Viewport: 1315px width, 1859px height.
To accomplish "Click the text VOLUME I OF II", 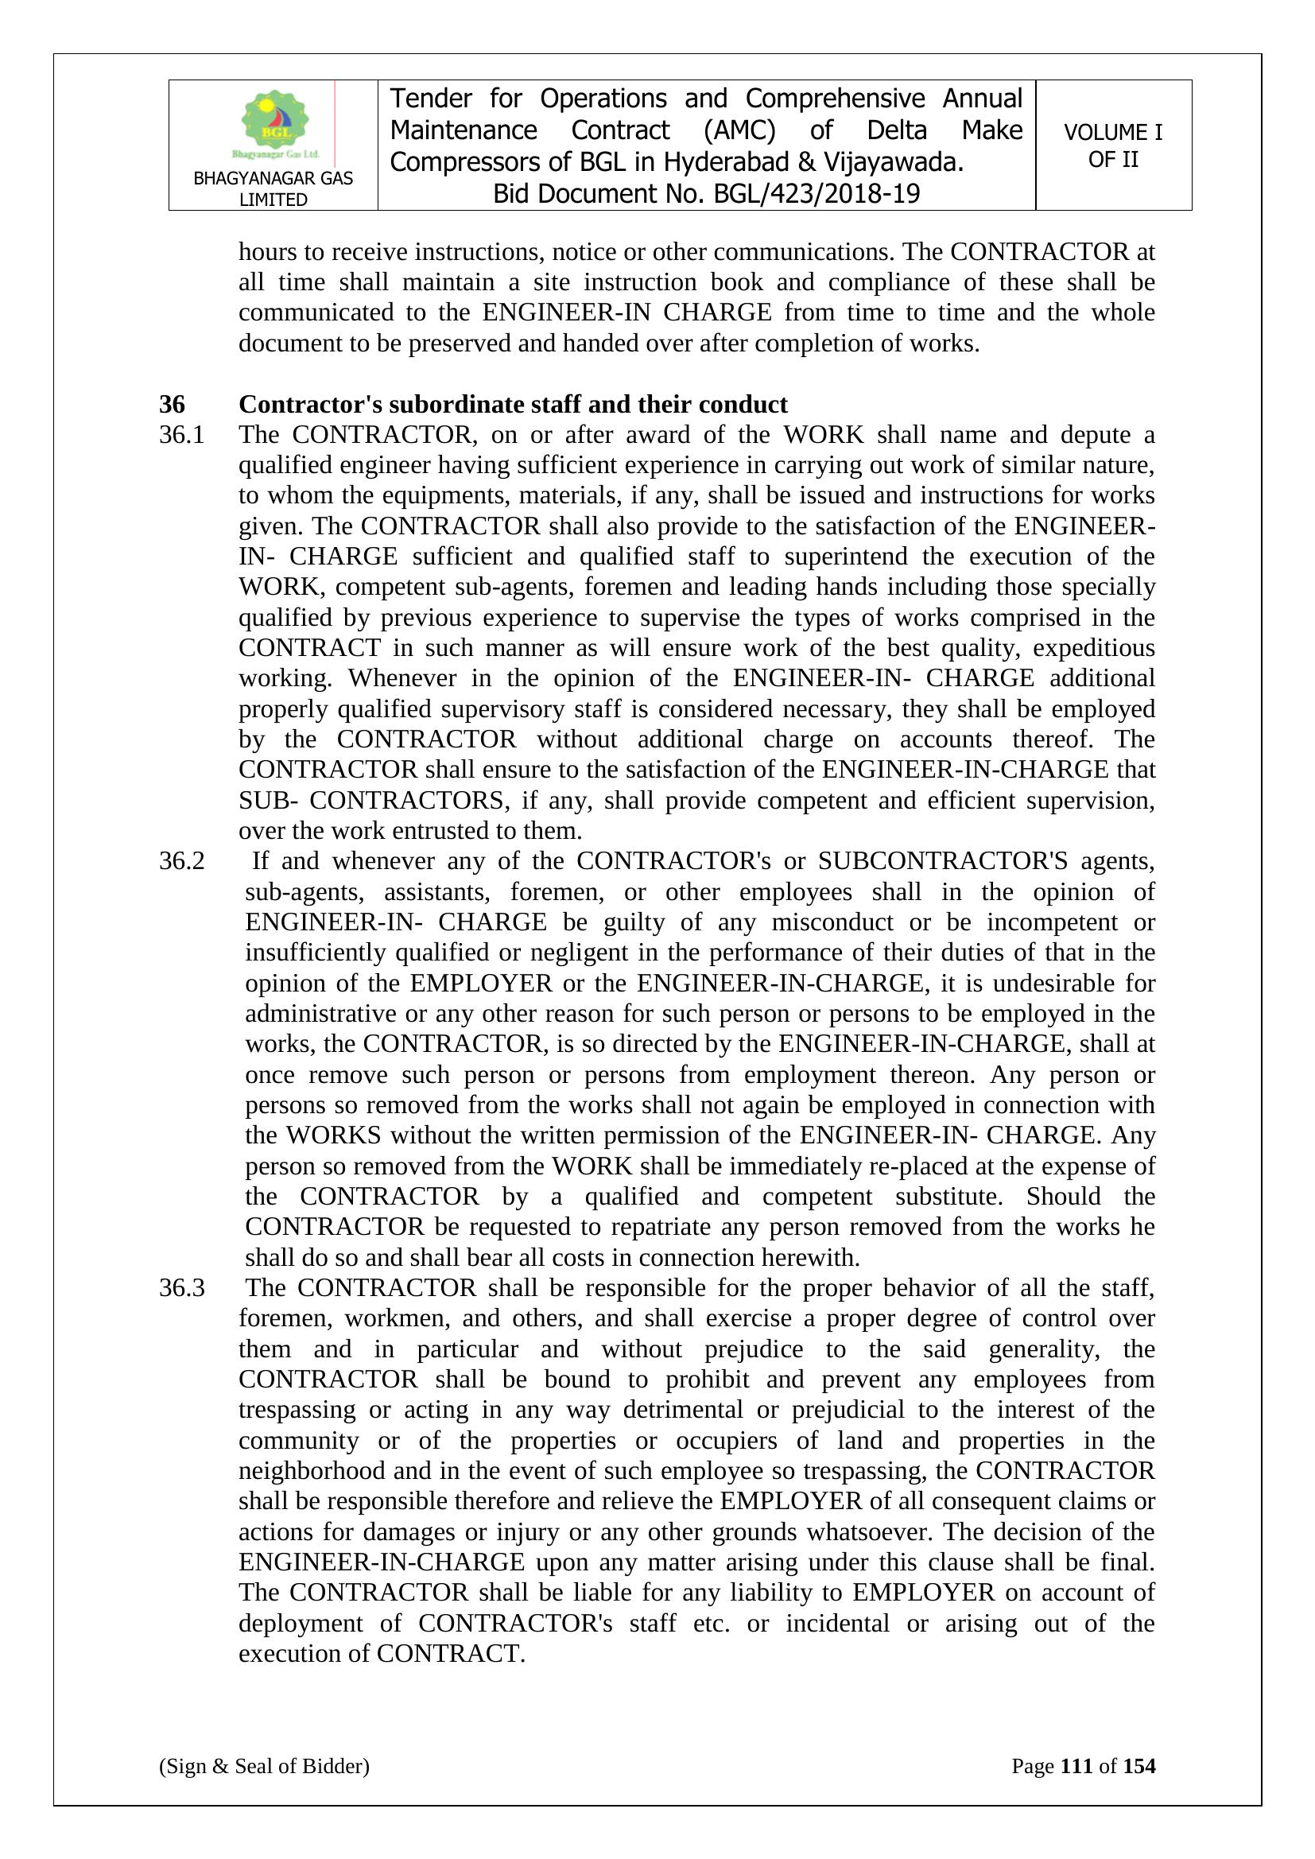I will coord(1112,146).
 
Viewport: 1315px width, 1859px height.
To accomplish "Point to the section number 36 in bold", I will coord(172,404).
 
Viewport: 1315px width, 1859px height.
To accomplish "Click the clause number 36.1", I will coord(181,435).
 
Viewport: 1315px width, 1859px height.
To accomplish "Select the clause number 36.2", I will coord(181,860).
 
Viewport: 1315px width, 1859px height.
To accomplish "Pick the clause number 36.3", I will coord(181,1287).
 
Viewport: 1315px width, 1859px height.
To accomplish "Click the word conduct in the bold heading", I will coord(743,404).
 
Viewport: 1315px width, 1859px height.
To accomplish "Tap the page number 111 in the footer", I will coord(1076,1766).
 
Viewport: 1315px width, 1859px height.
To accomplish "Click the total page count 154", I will coord(1139,1766).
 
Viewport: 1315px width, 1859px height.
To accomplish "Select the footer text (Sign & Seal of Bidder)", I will coord(264,1766).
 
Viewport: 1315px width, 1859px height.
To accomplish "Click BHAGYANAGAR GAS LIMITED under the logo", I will coord(273,188).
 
